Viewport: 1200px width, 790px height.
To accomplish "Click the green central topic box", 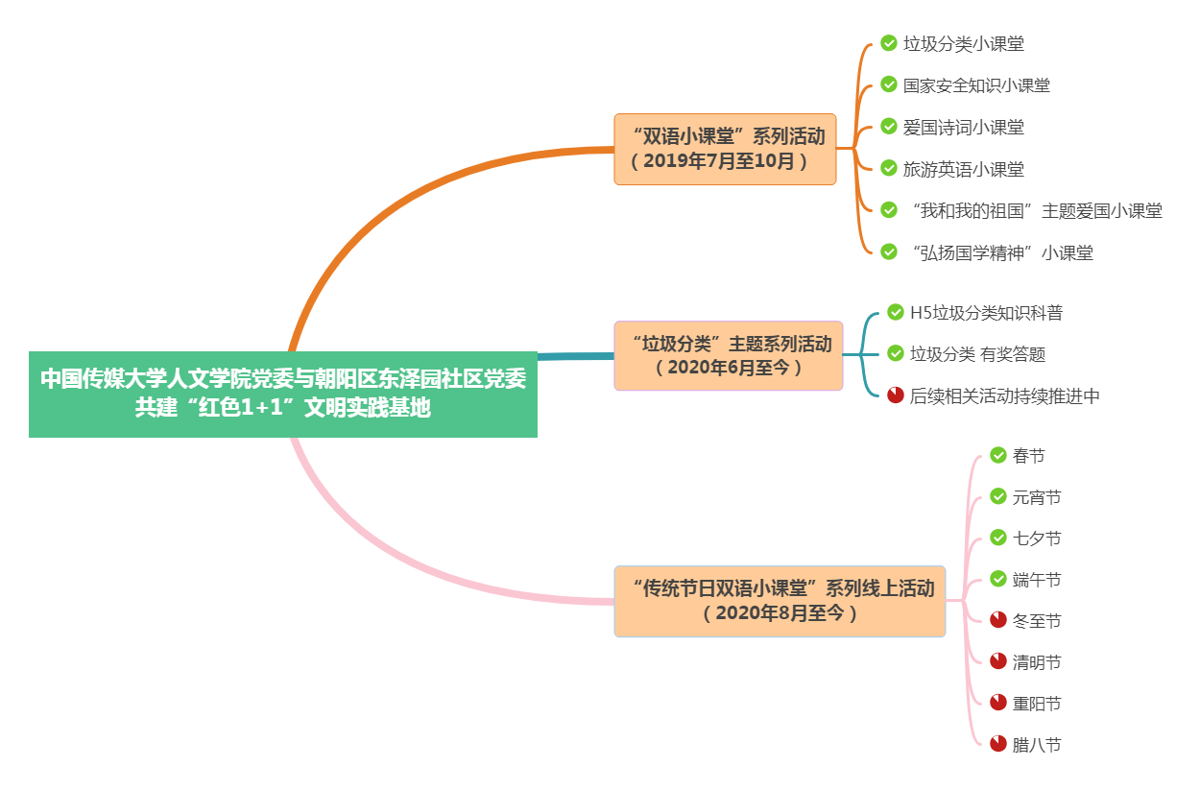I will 282,394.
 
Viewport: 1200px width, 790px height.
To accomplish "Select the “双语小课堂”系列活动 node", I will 725,149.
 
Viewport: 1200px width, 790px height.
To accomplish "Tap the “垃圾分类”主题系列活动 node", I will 728,355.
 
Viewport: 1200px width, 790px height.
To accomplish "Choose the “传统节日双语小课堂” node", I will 780,601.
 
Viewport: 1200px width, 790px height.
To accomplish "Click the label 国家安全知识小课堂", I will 976,85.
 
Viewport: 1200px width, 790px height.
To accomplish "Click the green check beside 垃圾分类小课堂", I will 889,43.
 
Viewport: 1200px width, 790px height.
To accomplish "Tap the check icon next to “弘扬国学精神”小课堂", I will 889,251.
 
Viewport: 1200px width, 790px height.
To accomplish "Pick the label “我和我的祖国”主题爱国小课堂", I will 1035,211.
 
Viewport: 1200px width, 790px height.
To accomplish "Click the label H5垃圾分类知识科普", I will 986,313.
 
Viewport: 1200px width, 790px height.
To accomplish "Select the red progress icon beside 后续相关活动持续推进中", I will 896,395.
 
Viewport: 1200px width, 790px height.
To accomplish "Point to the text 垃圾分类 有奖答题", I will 977,354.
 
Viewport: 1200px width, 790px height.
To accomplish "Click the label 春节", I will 1028,456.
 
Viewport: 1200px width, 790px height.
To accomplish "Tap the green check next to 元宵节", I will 998,496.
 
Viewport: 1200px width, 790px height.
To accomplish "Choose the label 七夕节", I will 1037,539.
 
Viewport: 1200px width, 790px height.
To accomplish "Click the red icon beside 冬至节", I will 998,620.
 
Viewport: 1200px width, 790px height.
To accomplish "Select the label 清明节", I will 1037,662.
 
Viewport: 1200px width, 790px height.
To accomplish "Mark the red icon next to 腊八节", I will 998,744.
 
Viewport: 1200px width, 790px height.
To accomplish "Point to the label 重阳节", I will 1037,704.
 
